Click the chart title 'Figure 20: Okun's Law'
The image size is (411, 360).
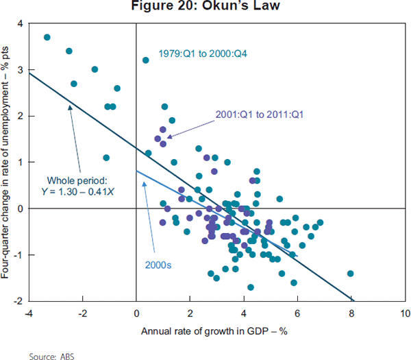[205, 8]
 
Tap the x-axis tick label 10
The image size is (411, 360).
[404, 313]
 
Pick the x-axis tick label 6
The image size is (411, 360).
[297, 313]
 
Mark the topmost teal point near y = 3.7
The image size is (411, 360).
[47, 37]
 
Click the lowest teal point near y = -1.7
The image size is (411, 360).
[251, 287]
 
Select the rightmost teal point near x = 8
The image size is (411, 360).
[350, 273]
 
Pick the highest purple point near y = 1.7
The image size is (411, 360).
[163, 129]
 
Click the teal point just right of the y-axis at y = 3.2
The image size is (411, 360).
[145, 60]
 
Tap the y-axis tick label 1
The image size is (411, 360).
[20, 163]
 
